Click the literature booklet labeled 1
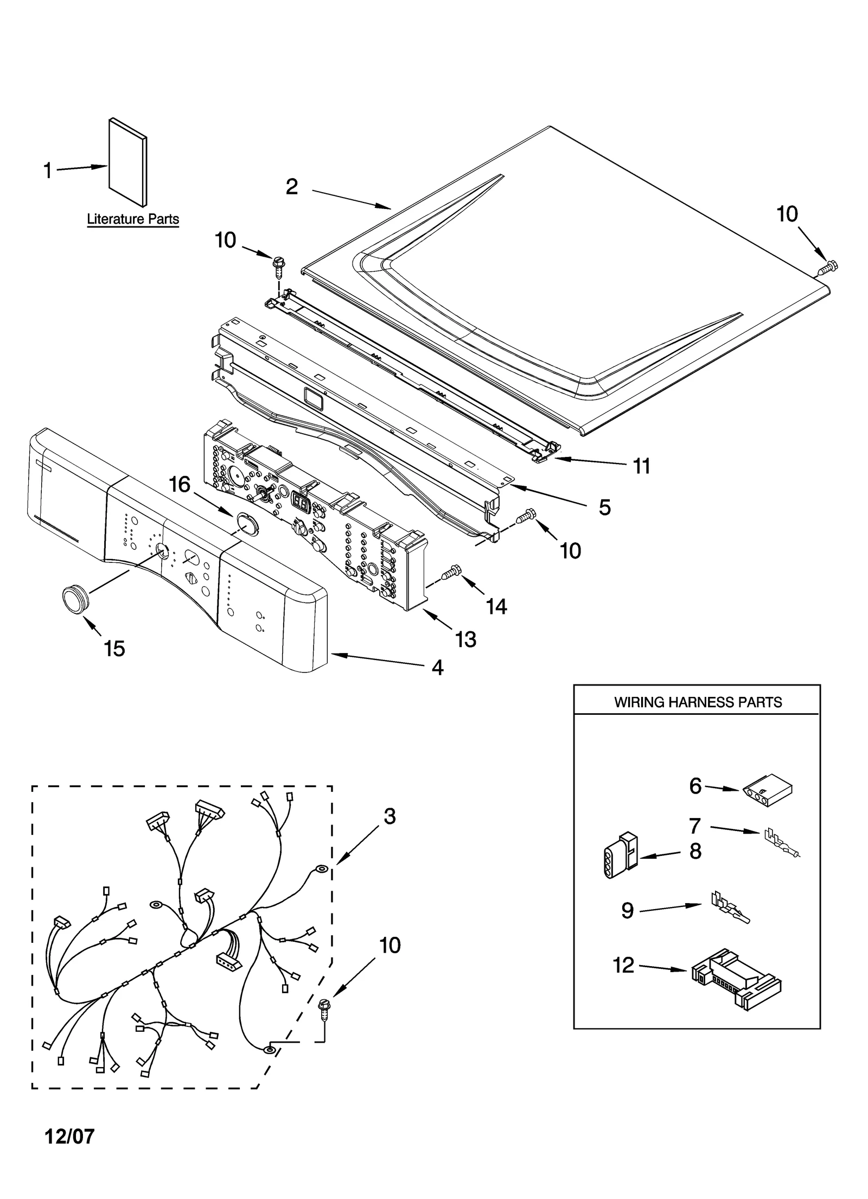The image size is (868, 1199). [x=128, y=163]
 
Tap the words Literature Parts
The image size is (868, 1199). [x=133, y=219]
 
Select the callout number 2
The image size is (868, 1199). [x=292, y=187]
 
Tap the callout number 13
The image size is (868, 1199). [x=465, y=639]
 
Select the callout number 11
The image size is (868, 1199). [x=642, y=466]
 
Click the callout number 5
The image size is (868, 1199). [x=605, y=507]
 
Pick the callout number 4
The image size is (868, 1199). [x=437, y=667]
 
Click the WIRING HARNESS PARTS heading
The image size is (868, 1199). [x=698, y=702]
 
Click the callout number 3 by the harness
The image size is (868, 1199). [x=390, y=816]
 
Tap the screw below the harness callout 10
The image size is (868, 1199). [x=325, y=1008]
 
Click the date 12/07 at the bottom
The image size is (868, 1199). [x=69, y=1136]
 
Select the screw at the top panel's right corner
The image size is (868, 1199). [x=828, y=267]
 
